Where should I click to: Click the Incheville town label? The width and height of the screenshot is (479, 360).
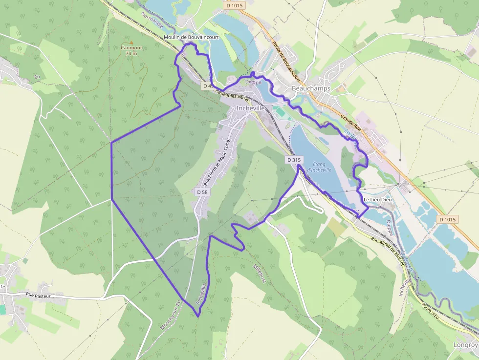click(x=250, y=108)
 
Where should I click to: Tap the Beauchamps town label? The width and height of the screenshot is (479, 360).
click(x=311, y=88)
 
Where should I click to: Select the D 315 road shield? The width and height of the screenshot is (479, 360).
click(x=294, y=160)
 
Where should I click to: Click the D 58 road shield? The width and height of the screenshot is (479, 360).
click(x=202, y=192)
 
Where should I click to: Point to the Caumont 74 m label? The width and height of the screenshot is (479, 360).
click(x=131, y=50)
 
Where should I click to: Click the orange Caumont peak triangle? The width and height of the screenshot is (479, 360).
click(x=131, y=42)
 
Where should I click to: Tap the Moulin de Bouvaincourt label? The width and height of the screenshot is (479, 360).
click(x=192, y=37)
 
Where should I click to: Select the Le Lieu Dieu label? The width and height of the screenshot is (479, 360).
click(x=378, y=200)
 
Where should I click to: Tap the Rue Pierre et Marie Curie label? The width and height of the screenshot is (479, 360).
click(x=217, y=161)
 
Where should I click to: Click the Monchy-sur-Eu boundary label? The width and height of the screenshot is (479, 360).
click(x=171, y=315)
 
